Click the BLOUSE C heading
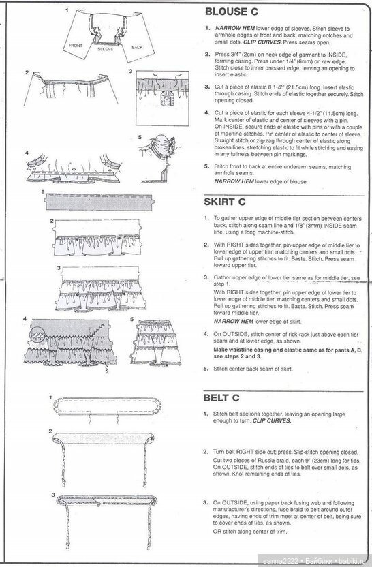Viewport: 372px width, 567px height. point(232,12)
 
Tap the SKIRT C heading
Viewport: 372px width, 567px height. point(225,202)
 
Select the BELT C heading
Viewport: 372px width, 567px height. point(221,398)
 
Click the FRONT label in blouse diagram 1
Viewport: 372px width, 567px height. point(76,46)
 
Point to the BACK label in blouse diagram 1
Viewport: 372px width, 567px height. point(137,48)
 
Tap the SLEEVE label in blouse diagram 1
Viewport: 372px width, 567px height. point(106,49)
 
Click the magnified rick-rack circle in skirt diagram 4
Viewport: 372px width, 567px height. point(38,335)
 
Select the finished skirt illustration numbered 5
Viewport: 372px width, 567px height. point(155,342)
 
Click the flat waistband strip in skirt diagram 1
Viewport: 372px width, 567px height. point(99,202)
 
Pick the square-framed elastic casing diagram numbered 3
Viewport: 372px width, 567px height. point(162,98)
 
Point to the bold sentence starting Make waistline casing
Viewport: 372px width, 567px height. point(288,353)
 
